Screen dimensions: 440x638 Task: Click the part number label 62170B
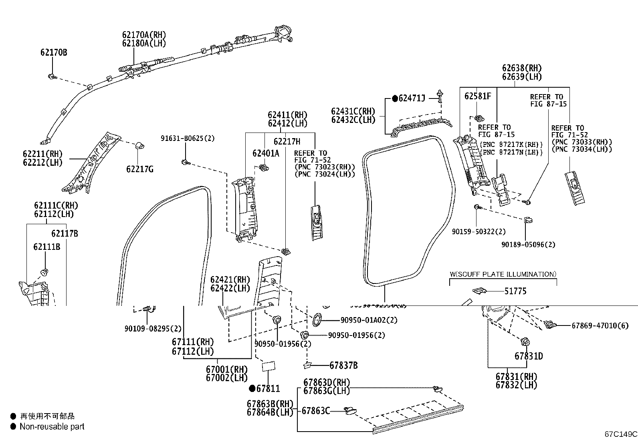[53, 52]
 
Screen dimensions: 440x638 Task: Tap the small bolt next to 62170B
[52, 76]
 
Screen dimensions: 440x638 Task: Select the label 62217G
[140, 169]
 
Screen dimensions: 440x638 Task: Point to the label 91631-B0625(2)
[187, 139]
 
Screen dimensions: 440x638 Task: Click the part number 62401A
[265, 153]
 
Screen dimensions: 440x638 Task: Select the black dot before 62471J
[395, 98]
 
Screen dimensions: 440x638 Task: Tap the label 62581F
[478, 96]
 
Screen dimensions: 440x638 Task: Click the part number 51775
[515, 291]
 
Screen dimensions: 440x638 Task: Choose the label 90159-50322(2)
[478, 232]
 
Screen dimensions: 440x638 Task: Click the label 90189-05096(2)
[528, 244]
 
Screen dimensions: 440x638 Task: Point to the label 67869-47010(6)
[600, 325]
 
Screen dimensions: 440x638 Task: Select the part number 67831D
[529, 356]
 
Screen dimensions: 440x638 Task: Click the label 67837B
[343, 365]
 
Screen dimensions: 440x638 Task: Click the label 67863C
[315, 411]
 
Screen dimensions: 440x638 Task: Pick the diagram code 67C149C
[621, 434]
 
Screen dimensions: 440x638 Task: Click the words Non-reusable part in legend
[52, 427]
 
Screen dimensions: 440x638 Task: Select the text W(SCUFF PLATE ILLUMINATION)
[503, 274]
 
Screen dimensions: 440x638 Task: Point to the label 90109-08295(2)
[153, 329]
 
